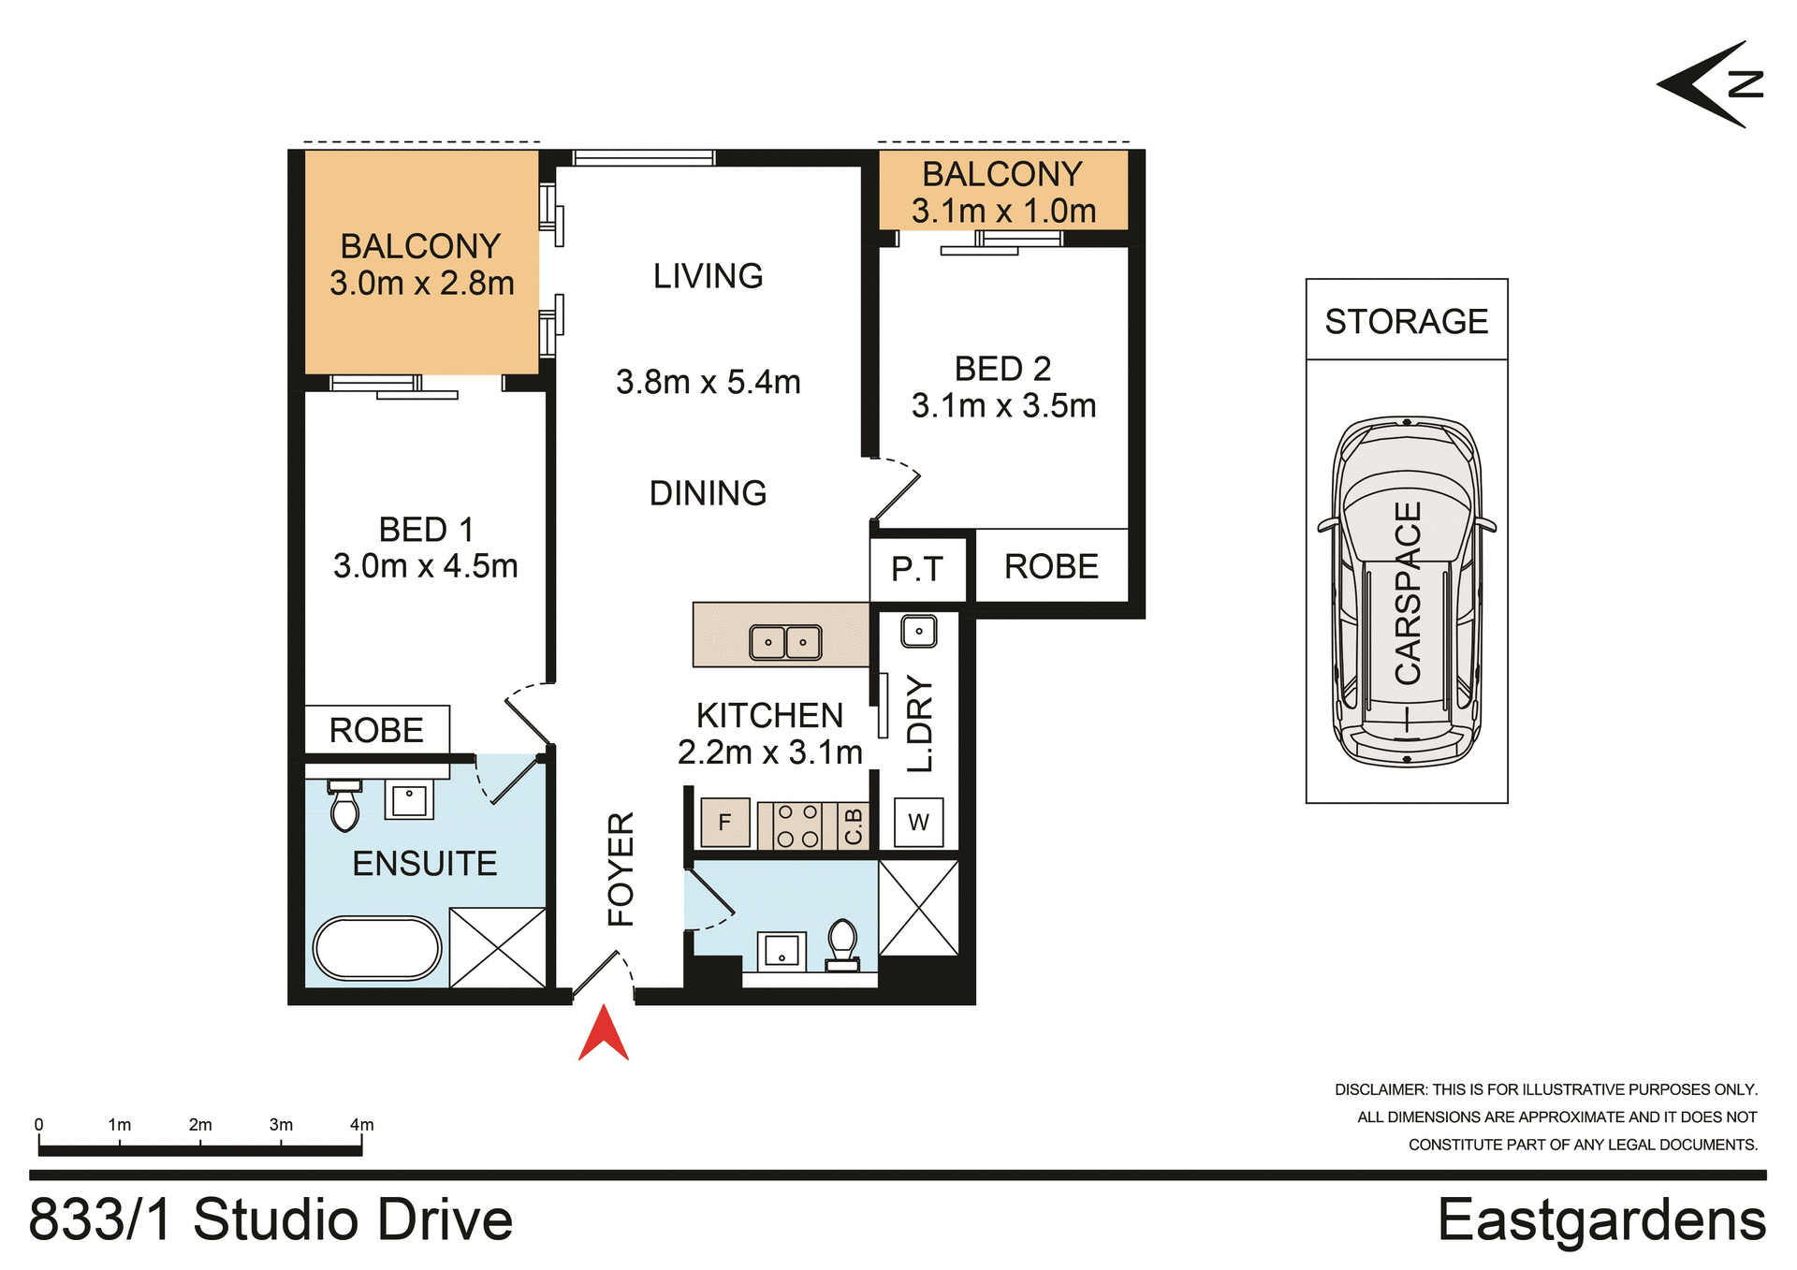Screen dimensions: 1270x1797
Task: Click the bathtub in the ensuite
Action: coord(377,948)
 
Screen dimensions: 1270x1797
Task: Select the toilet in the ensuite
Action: coord(344,807)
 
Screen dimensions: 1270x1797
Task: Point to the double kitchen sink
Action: coord(785,642)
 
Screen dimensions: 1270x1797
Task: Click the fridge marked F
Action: coord(724,823)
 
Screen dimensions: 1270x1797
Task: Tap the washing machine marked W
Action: coord(918,823)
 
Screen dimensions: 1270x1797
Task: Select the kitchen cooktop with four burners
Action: coord(797,825)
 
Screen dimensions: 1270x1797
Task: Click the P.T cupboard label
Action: coord(916,569)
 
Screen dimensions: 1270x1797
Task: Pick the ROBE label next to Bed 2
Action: coord(1051,567)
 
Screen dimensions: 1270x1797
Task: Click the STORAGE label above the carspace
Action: coord(1406,322)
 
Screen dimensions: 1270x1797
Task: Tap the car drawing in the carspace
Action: coord(1406,591)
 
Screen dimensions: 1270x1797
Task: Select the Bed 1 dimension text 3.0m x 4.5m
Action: coord(425,566)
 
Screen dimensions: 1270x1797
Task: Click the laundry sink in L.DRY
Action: coord(918,632)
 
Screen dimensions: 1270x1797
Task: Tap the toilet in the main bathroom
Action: coord(842,943)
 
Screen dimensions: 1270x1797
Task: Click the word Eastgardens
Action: coord(1601,1220)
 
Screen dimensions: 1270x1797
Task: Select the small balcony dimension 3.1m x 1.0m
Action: coord(1003,212)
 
